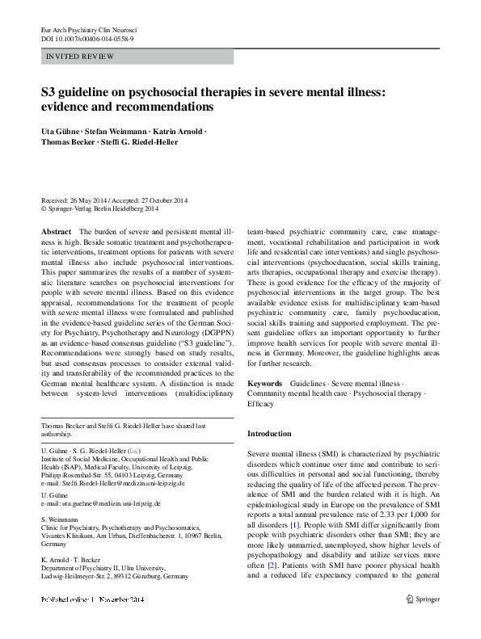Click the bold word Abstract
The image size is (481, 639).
pos(55,231)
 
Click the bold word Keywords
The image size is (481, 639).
pos(264,382)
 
